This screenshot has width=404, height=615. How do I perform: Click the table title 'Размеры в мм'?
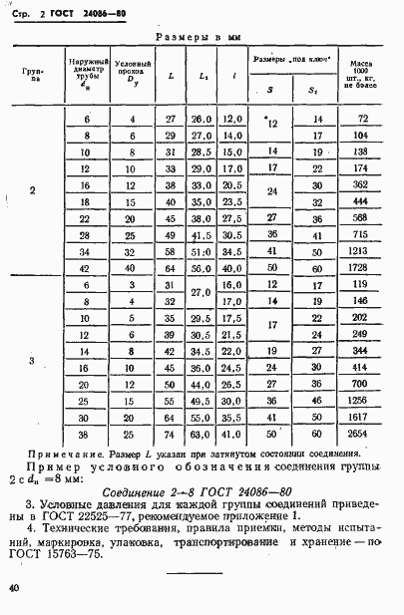click(x=205, y=36)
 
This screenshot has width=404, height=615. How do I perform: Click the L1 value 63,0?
click(x=203, y=436)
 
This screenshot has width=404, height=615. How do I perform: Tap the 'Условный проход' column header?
click(x=128, y=77)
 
